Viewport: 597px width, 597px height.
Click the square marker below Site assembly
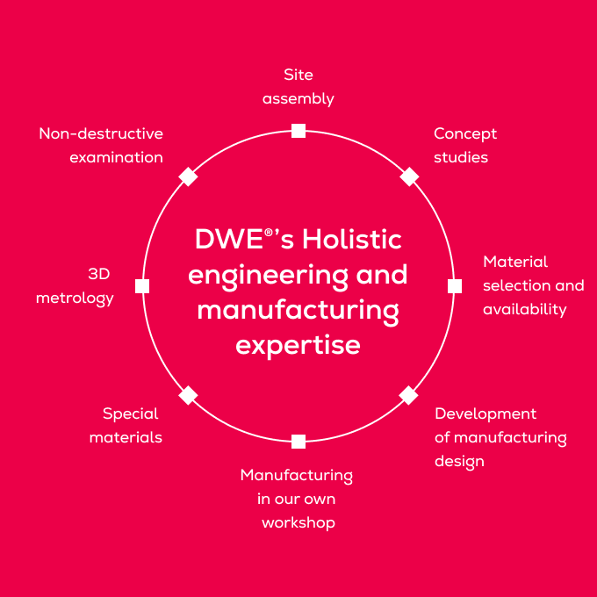point(298,131)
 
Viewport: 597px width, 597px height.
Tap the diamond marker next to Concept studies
point(409,176)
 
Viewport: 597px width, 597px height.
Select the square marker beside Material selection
point(455,285)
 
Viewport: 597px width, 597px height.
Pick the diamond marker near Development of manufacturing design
point(409,395)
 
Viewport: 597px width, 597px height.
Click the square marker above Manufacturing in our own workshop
point(298,441)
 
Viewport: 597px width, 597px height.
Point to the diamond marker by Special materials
point(188,395)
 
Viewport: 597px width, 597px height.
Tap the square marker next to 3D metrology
point(142,285)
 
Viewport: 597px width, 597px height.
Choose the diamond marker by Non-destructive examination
point(188,176)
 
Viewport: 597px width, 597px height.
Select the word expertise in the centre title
point(298,344)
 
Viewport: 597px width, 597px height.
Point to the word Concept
point(465,133)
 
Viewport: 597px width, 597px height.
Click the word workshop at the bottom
point(298,522)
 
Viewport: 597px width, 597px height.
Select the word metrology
point(75,298)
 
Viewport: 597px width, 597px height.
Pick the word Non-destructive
point(101,133)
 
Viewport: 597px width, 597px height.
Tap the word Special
point(130,414)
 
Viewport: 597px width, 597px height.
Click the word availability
point(525,309)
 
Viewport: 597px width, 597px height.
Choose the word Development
point(486,414)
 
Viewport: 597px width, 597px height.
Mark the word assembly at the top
point(298,98)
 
